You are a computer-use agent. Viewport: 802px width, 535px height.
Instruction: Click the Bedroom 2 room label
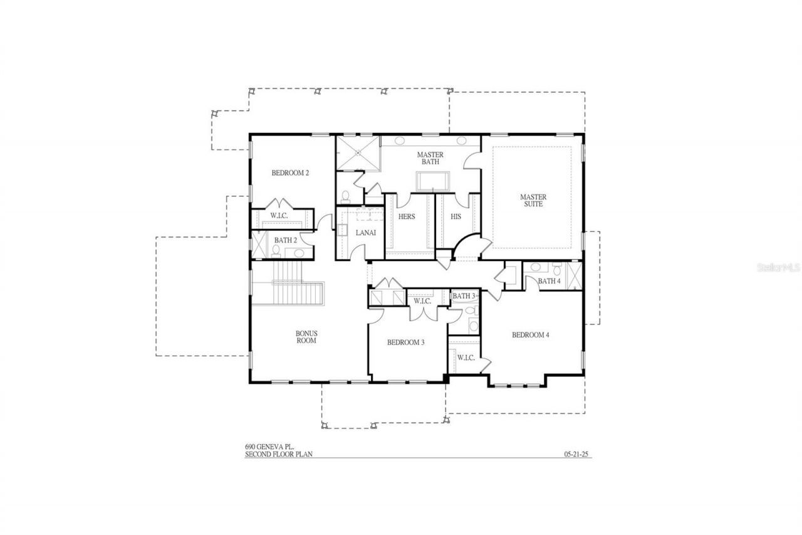click(290, 173)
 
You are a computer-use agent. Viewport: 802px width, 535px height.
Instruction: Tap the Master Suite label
click(533, 201)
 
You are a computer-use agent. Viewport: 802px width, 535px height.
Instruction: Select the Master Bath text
click(430, 159)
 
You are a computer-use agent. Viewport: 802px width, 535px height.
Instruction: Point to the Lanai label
click(365, 233)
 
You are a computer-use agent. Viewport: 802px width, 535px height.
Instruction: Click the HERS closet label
click(407, 216)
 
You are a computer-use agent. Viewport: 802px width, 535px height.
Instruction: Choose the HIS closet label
click(456, 216)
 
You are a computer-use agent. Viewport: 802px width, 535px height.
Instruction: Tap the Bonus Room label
click(306, 337)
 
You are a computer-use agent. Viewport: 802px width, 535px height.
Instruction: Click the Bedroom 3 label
click(405, 342)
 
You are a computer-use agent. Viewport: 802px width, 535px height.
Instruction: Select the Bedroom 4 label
click(530, 335)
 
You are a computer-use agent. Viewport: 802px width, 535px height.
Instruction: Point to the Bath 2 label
click(286, 240)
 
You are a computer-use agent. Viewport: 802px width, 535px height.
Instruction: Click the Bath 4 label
click(549, 281)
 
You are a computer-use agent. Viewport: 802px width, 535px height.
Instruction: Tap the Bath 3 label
click(464, 296)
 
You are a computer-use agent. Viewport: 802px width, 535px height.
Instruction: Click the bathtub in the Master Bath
click(431, 179)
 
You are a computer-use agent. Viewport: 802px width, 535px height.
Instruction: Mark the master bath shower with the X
click(358, 152)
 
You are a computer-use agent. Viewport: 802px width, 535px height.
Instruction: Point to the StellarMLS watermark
click(779, 267)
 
